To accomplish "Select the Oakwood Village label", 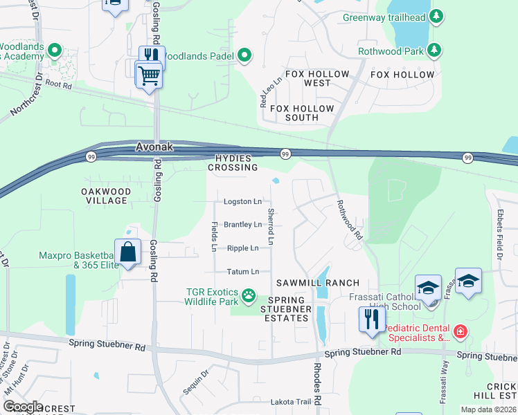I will click(104, 196).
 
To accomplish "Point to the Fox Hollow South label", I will click(294, 113).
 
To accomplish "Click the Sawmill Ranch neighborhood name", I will click(318, 283).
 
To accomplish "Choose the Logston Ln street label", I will click(242, 202).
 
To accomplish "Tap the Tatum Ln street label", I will click(242, 272).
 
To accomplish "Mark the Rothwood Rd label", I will click(350, 220).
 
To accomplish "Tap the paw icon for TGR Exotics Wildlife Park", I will click(248, 297).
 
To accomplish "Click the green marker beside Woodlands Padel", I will click(244, 55).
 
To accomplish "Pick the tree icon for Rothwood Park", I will click(434, 50).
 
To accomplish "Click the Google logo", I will click(23, 407).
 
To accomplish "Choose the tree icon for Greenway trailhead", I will click(436, 16).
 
